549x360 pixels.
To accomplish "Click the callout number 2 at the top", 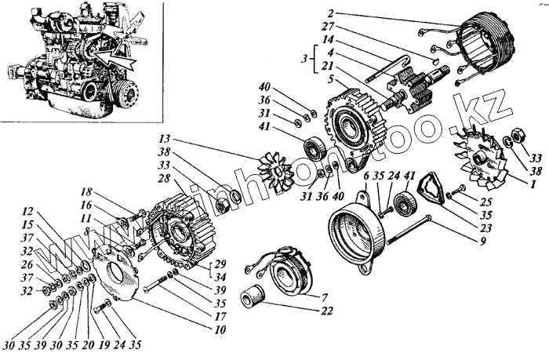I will tap(331, 13).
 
